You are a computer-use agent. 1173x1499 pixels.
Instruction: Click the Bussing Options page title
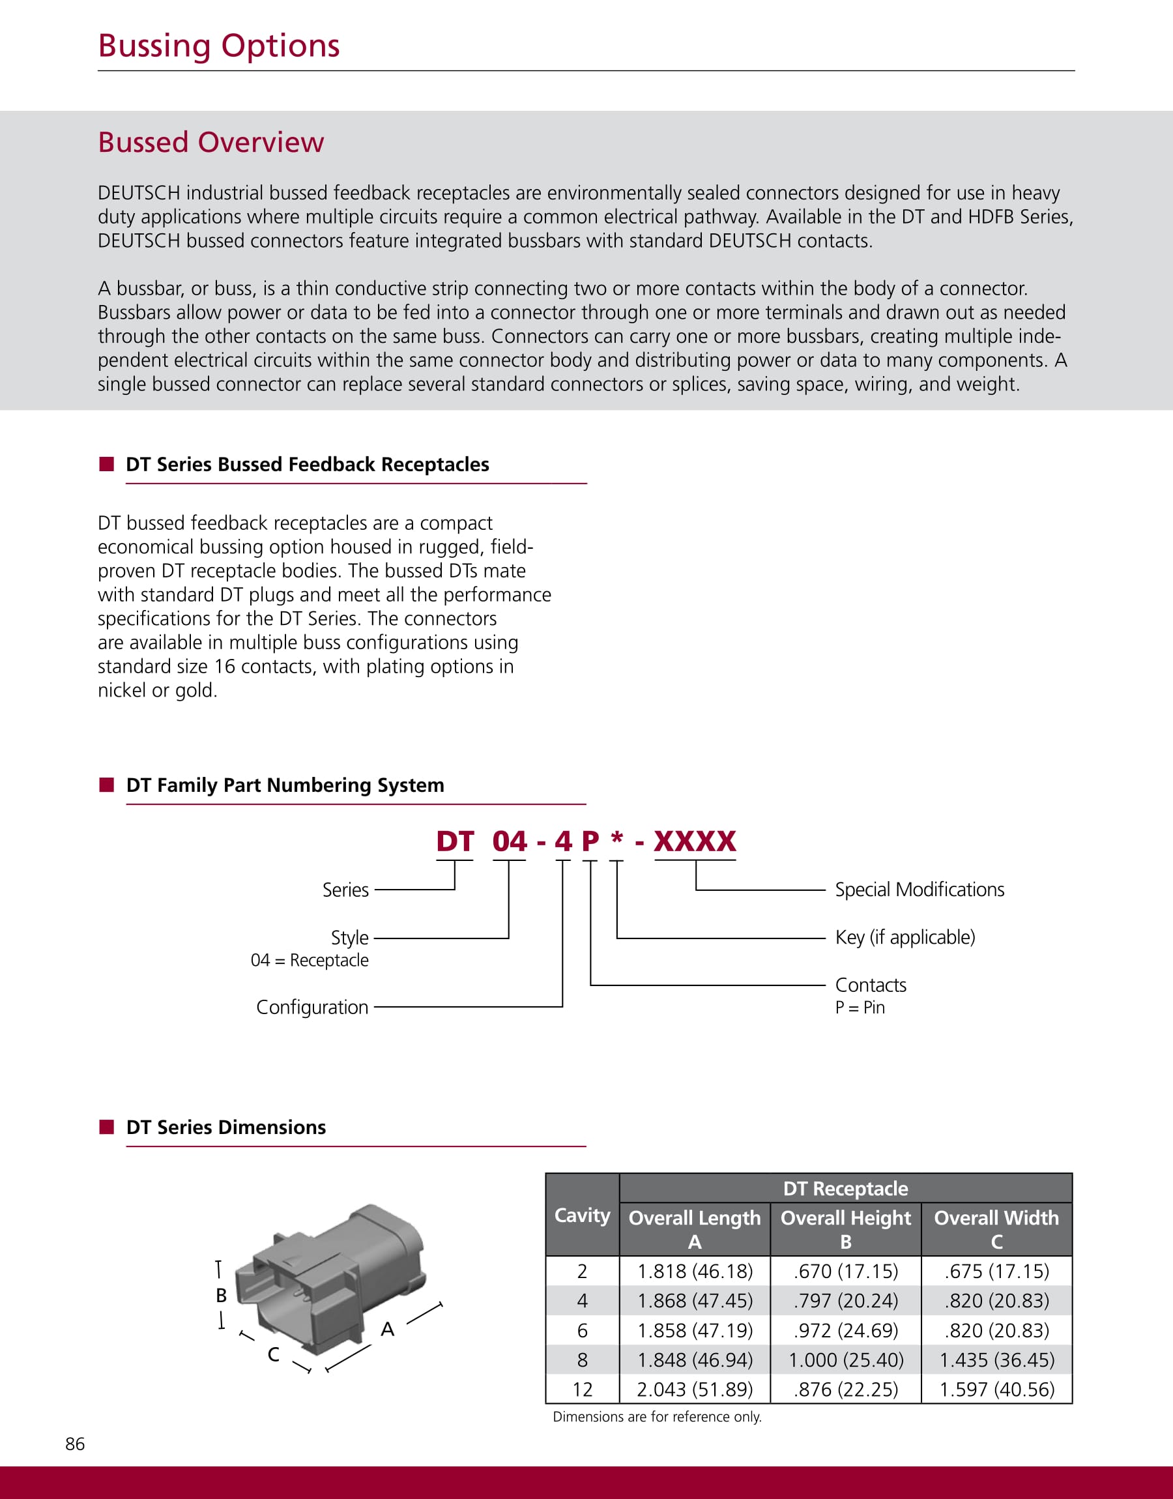click(x=218, y=46)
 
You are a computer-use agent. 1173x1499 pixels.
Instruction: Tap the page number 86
click(x=75, y=1444)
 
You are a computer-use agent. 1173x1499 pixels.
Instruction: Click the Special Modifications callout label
click(x=919, y=889)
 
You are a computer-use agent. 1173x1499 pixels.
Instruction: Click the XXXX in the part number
click(x=694, y=841)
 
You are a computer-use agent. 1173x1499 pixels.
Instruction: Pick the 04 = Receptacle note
click(x=309, y=960)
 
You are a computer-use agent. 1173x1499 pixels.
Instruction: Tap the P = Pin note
click(x=860, y=1008)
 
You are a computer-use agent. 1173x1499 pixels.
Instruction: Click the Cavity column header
click(x=582, y=1215)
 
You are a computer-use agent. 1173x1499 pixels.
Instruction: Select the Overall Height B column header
click(x=845, y=1229)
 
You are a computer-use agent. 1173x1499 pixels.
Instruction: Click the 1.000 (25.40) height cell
click(x=845, y=1360)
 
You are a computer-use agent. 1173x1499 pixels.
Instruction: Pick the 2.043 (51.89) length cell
click(x=694, y=1389)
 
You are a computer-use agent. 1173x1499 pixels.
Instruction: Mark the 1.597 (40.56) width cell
click(x=996, y=1389)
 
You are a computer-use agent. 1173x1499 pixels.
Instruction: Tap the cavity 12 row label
click(x=582, y=1389)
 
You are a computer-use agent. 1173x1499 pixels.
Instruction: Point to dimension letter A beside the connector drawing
click(x=387, y=1330)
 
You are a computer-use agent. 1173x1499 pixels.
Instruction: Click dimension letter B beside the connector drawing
click(x=221, y=1295)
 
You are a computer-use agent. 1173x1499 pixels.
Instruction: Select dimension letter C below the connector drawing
click(x=273, y=1354)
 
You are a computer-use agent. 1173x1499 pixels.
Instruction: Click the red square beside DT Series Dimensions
click(x=106, y=1127)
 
